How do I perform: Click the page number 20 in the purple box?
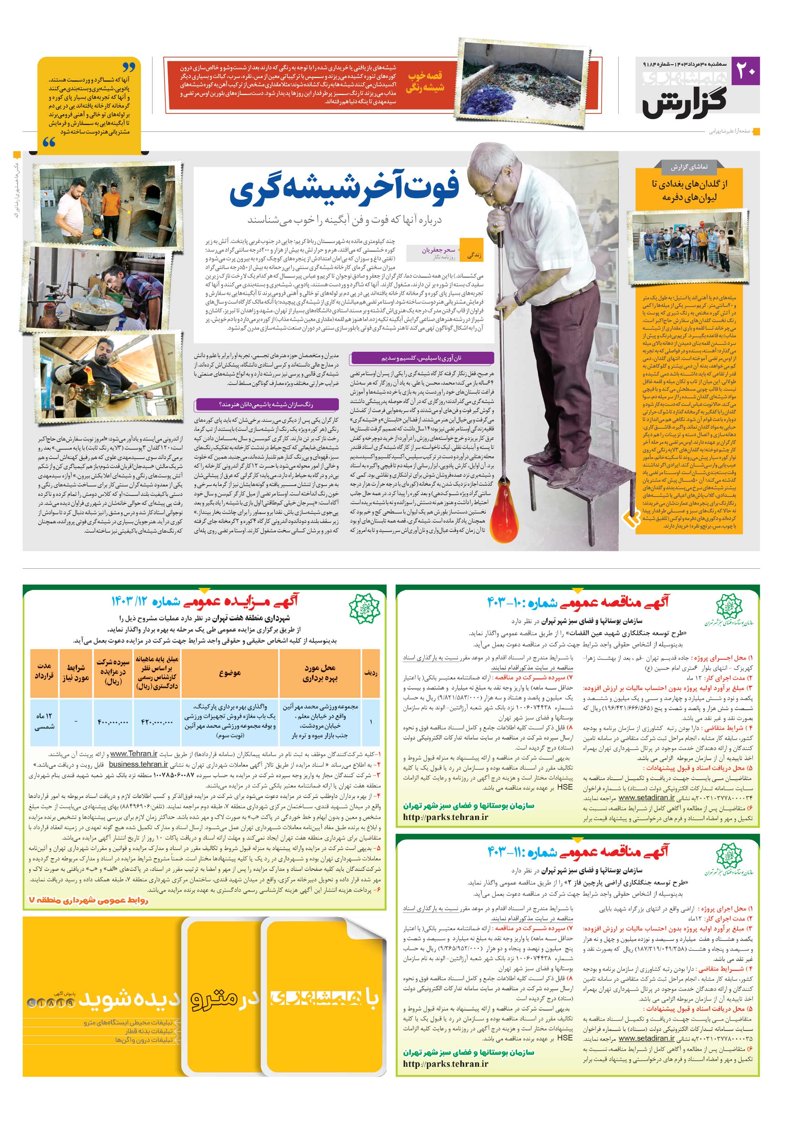tap(746, 70)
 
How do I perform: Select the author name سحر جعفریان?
tap(438, 250)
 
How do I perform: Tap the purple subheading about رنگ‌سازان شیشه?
tap(267, 404)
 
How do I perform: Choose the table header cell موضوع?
tap(230, 673)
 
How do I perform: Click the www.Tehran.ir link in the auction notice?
tap(134, 754)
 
